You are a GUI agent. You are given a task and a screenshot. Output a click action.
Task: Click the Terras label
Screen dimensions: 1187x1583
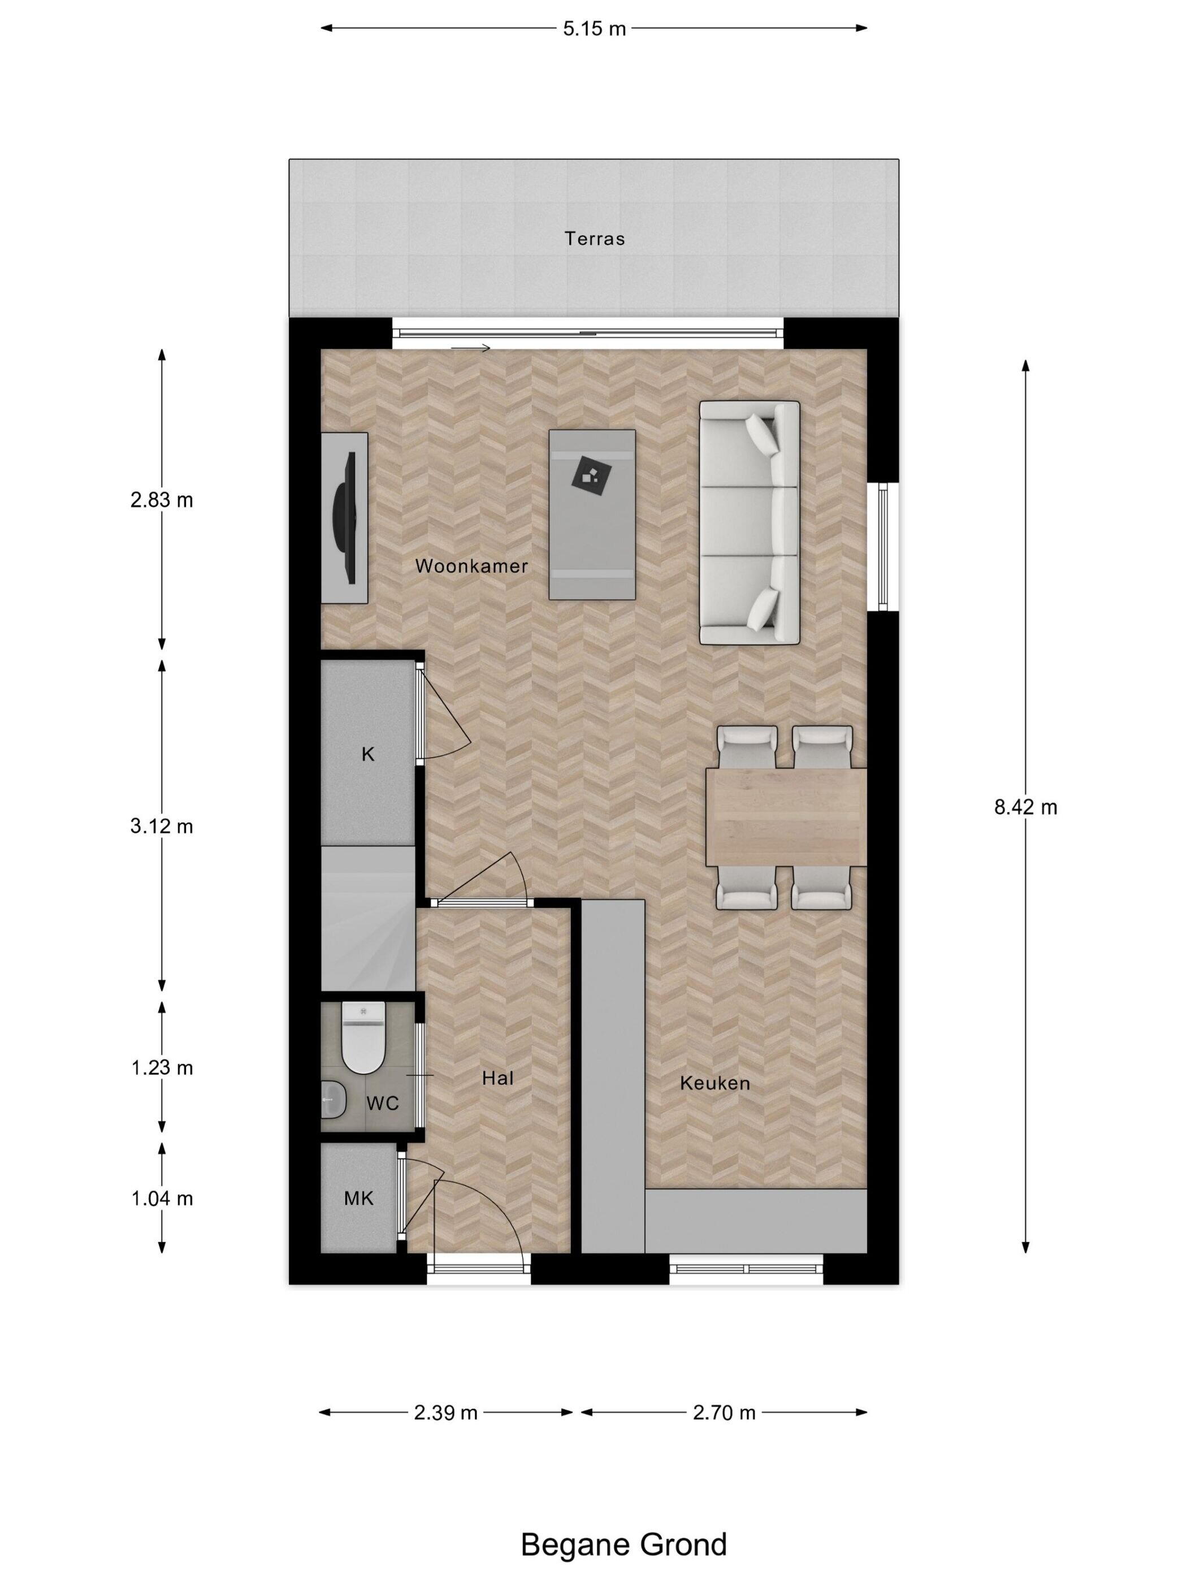(595, 239)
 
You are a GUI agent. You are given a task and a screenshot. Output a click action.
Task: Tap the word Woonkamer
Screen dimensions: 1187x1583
(471, 566)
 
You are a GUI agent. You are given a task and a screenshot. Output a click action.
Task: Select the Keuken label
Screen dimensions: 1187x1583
(715, 1083)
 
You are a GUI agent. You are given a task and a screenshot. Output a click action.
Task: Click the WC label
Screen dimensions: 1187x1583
(382, 1103)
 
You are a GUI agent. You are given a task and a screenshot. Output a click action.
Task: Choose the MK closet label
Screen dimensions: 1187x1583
(358, 1198)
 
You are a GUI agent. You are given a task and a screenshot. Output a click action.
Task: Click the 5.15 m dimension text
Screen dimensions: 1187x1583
(594, 29)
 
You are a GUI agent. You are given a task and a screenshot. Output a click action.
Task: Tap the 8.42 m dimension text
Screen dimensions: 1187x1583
(1025, 807)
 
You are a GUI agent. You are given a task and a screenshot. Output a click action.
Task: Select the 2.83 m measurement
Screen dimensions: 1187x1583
(162, 500)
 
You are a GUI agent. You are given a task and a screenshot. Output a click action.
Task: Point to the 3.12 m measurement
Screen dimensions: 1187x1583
(162, 827)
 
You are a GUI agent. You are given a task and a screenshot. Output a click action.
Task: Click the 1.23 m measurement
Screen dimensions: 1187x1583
(162, 1068)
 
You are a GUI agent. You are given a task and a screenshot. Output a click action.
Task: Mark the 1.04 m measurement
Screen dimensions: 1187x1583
(162, 1198)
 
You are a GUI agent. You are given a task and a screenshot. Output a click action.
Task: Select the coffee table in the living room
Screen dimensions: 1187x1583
(592, 514)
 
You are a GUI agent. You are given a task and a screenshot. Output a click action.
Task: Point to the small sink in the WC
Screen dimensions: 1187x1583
(333, 1098)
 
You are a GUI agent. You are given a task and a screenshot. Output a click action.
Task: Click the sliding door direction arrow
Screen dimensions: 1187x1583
(471, 348)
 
